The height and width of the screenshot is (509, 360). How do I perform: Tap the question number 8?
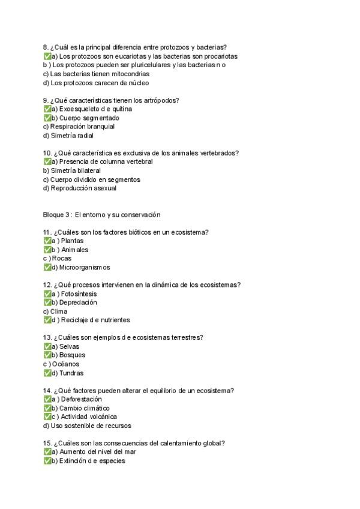tap(46, 47)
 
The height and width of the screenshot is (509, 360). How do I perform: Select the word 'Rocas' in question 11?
tap(62, 259)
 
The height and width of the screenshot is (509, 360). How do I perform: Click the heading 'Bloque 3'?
tap(57, 215)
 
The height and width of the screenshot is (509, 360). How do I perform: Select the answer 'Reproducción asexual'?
tap(76, 188)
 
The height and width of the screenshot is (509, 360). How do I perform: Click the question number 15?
tap(47, 443)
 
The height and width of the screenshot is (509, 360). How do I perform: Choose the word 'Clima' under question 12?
tap(59, 312)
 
